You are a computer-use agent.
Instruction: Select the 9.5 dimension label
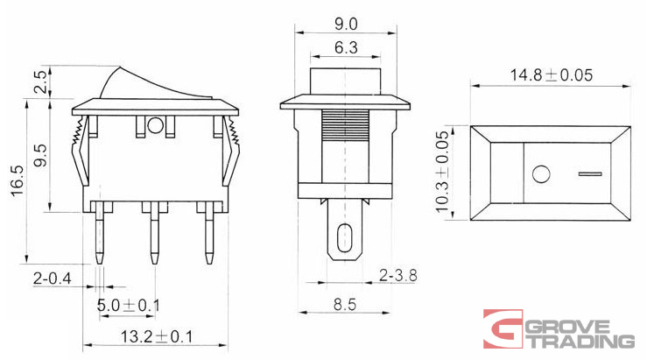click(x=39, y=157)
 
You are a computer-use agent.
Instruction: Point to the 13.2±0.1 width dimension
click(x=145, y=335)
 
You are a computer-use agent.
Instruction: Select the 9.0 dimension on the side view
click(x=345, y=18)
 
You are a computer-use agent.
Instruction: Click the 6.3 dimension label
click(x=345, y=49)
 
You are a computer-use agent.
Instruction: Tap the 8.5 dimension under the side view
click(x=345, y=305)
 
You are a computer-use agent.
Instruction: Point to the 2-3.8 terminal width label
click(x=397, y=275)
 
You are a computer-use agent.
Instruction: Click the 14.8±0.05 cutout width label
click(x=551, y=75)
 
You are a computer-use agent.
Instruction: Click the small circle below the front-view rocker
click(x=156, y=126)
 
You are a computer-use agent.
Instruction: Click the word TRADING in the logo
click(x=580, y=342)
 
